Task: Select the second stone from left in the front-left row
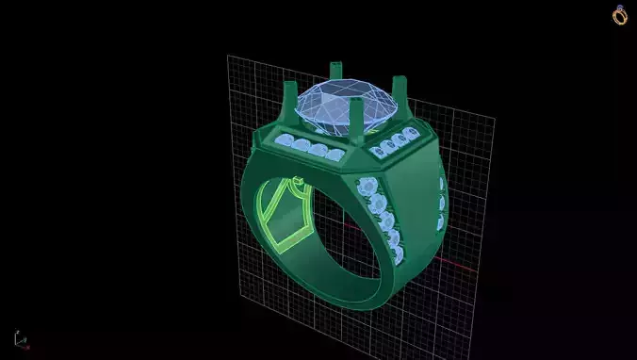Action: (301, 145)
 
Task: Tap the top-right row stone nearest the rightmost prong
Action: (412, 130)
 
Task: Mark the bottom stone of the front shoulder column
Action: (398, 255)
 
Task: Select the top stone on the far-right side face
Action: (441, 184)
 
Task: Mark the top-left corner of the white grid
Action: (228, 57)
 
